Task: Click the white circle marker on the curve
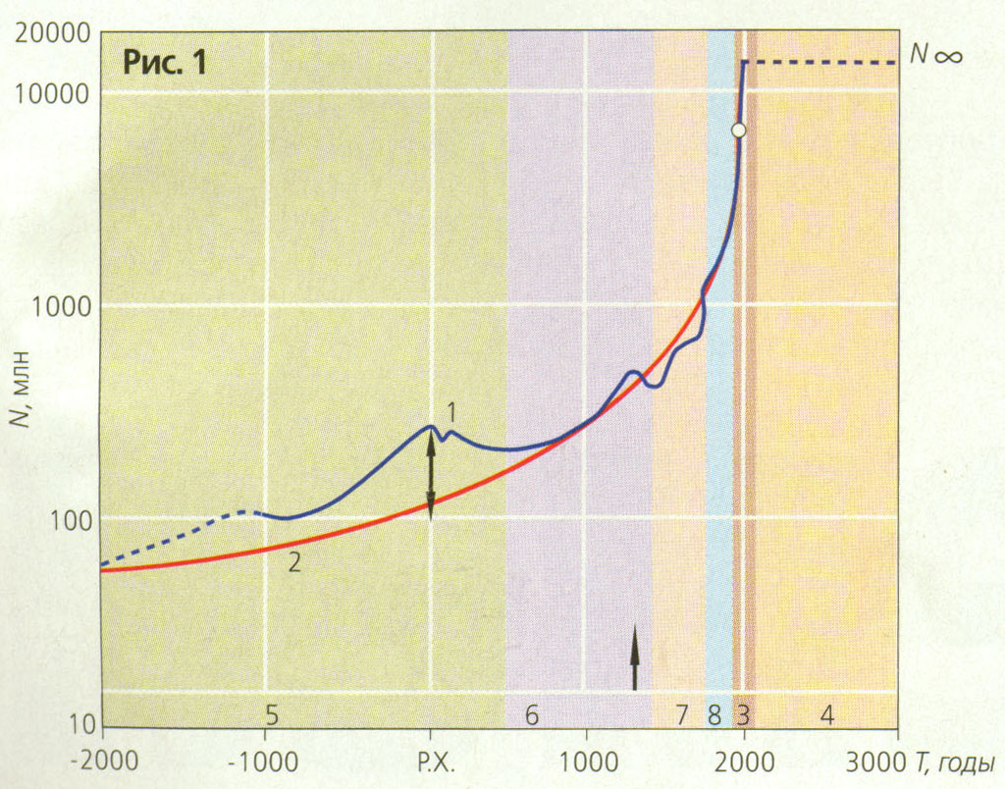pos(739,130)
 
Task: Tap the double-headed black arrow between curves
pos(430,476)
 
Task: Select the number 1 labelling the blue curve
pos(450,413)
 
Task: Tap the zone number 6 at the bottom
pos(531,715)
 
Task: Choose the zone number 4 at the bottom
pos(826,715)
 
